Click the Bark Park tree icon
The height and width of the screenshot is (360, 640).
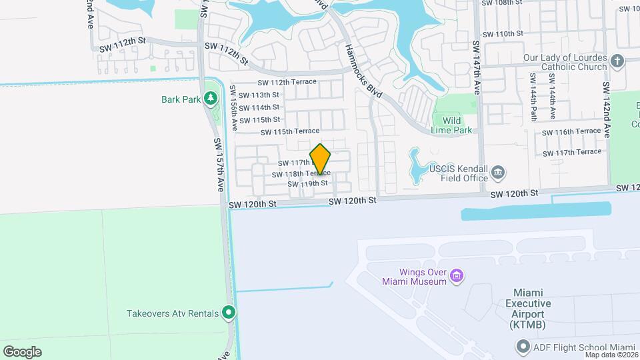tap(211, 99)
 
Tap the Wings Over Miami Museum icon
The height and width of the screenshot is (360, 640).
tap(456, 275)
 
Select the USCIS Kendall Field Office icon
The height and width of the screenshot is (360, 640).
tap(498, 174)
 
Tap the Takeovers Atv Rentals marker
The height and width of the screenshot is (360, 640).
tap(229, 312)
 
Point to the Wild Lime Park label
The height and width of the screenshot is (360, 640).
tap(457, 125)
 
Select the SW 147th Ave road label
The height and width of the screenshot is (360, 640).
tap(476, 68)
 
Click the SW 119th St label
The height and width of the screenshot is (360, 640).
tap(307, 183)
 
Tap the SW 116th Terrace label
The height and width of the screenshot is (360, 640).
tap(572, 132)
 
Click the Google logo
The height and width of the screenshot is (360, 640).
tap(22, 351)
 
